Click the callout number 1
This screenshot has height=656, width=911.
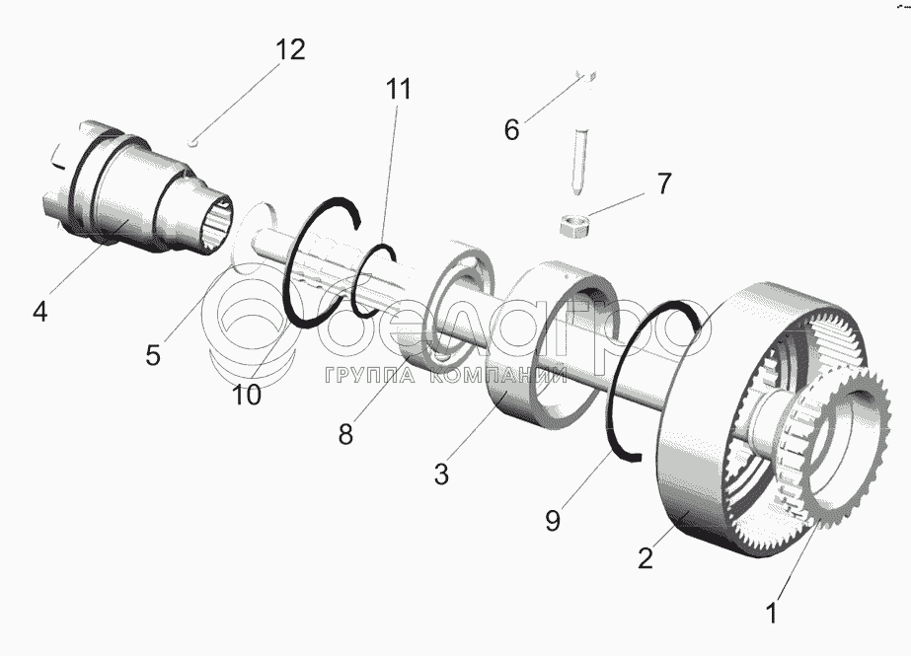[773, 613]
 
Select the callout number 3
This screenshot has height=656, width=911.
[441, 474]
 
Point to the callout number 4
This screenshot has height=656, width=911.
[39, 312]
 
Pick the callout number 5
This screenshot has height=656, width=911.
[152, 354]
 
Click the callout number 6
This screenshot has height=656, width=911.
[511, 129]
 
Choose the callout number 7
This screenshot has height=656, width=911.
[663, 183]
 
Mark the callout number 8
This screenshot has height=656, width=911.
[344, 433]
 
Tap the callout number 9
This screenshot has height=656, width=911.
[553, 519]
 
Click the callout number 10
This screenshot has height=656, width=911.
[247, 395]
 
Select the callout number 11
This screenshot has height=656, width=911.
[398, 88]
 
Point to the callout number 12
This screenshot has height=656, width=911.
[290, 49]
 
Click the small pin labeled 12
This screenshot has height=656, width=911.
[196, 138]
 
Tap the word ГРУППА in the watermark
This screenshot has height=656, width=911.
[359, 375]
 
